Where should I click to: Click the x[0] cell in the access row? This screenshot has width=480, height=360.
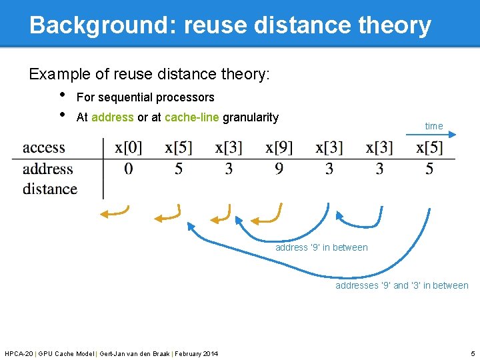[128, 147]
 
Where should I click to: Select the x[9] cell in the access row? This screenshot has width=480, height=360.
[279, 147]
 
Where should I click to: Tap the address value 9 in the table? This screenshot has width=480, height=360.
[279, 169]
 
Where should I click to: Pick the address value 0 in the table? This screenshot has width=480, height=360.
[128, 169]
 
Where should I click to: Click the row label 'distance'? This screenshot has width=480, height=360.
[50, 189]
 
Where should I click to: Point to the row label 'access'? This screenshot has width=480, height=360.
[44, 147]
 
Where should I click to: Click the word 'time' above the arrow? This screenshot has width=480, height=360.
[433, 126]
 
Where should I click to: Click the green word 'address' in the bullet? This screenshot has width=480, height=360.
[113, 117]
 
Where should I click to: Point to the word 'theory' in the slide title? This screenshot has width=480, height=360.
[395, 25]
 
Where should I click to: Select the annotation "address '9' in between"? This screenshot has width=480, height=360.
[321, 247]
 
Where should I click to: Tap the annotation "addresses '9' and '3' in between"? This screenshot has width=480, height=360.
[401, 285]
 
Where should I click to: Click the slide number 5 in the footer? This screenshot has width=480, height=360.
[473, 353]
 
